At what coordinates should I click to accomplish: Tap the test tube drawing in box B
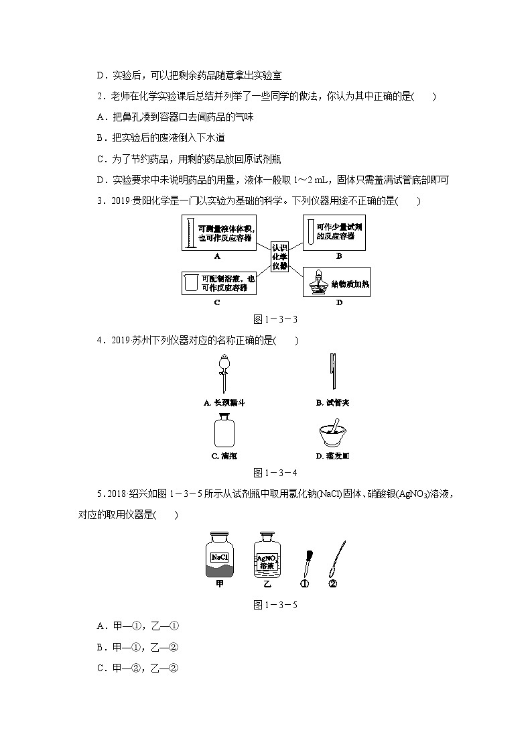pyautogui.click(x=310, y=231)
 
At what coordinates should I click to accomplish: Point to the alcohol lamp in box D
pyautogui.click(x=316, y=284)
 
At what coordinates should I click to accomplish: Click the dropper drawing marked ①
pyautogui.click(x=306, y=559)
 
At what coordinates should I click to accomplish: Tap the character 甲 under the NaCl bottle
pyautogui.click(x=219, y=584)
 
